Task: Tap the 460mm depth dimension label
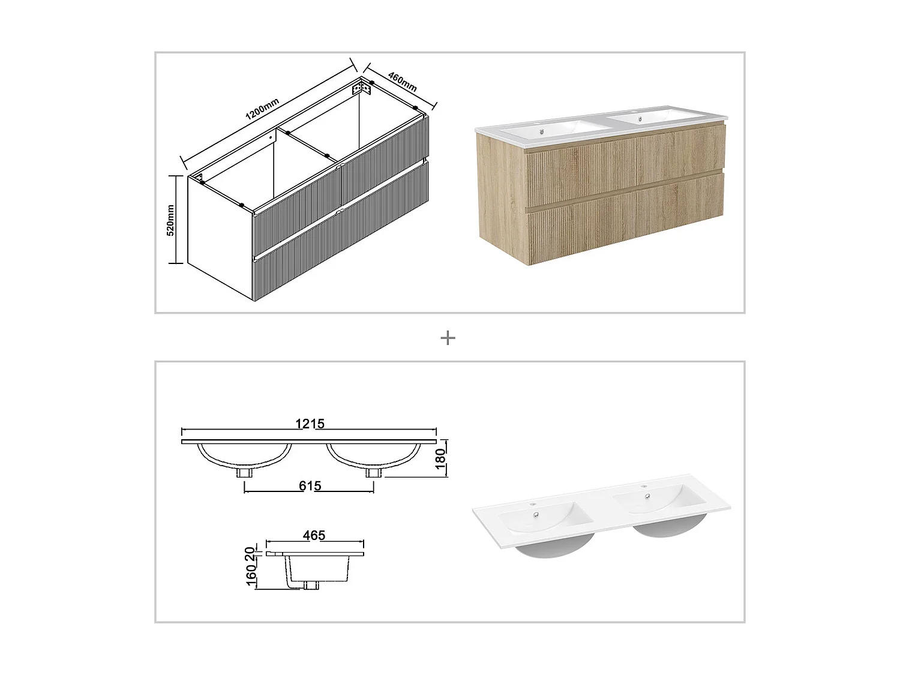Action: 402,82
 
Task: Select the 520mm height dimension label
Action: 170,220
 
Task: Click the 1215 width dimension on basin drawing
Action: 310,424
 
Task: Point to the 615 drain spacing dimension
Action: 310,485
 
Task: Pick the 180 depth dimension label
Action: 440,458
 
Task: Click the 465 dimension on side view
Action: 314,535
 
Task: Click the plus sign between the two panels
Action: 448,338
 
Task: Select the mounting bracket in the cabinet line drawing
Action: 361,89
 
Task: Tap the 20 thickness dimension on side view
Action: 251,551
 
